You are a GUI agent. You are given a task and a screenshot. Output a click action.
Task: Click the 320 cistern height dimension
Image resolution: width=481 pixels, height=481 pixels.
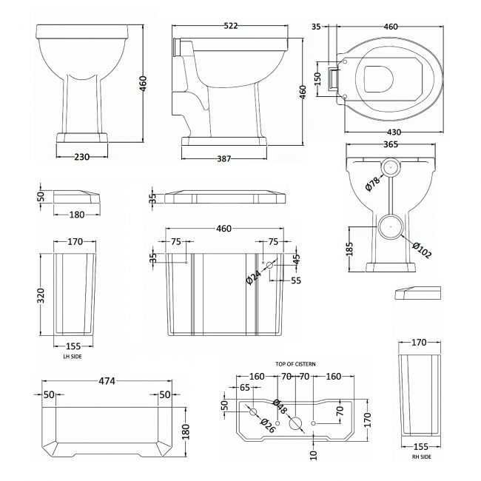pyautogui.click(x=42, y=296)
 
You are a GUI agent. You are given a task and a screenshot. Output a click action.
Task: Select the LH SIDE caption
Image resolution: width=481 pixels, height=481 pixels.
pyautogui.click(x=73, y=356)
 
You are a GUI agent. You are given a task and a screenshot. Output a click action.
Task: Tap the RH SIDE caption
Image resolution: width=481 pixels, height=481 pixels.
pyautogui.click(x=420, y=457)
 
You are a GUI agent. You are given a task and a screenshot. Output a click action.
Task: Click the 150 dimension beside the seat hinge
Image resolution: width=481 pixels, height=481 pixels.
pyautogui.click(x=319, y=77)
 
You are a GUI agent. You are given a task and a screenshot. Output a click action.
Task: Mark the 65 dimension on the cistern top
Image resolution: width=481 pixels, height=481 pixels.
pyautogui.click(x=245, y=388)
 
